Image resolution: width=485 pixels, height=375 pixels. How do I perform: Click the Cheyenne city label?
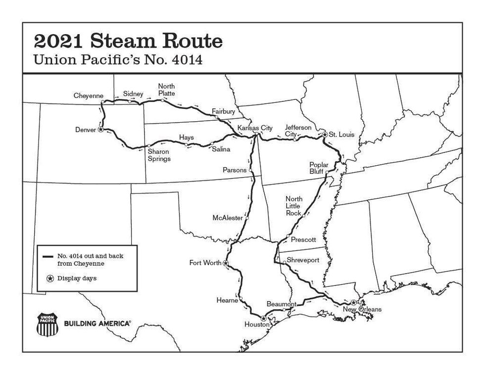89,95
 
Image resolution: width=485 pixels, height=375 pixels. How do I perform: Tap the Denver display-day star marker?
100,130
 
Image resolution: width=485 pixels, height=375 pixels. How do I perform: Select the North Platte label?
166,90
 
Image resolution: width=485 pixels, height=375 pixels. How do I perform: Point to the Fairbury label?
223,111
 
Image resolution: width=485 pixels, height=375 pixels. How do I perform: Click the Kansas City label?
255,128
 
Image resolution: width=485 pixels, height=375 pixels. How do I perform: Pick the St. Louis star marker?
324,134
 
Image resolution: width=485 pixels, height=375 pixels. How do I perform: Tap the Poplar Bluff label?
319,168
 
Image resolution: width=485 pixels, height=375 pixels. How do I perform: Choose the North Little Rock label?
293,206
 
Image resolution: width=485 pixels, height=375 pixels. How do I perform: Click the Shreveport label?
303,260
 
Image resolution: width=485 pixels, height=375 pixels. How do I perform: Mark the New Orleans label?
362,310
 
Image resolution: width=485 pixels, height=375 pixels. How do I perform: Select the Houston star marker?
263,319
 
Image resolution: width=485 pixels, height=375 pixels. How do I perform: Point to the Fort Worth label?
205,263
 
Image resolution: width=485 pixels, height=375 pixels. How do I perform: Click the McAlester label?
228,218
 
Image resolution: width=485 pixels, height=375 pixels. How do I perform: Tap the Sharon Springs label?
158,155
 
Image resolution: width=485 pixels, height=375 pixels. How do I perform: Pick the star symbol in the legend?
50,279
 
